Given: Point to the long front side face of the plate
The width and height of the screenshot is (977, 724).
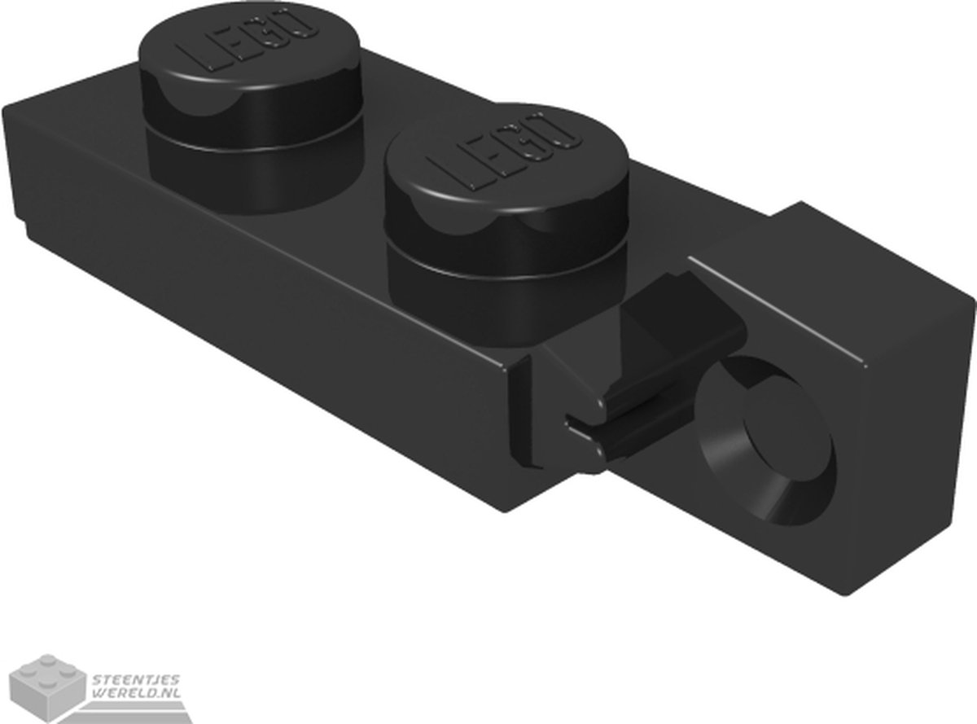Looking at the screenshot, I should pos(269,326).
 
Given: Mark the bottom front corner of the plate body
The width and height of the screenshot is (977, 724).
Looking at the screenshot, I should pos(505,509).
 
